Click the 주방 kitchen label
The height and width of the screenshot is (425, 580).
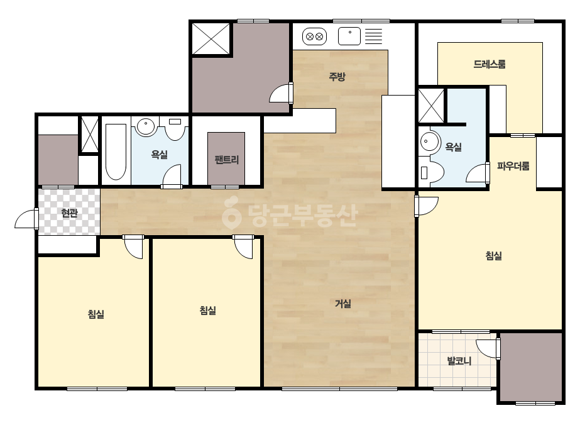[337, 77]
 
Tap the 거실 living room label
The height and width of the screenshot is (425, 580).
[343, 304]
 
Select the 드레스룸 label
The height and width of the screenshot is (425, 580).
[490, 64]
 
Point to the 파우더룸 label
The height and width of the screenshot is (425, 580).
[513, 166]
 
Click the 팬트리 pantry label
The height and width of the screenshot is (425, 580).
[226, 160]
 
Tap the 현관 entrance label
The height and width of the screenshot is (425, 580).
[69, 213]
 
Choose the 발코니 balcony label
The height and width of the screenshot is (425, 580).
[459, 361]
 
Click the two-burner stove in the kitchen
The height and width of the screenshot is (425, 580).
[315, 36]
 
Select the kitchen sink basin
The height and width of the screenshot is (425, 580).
[349, 36]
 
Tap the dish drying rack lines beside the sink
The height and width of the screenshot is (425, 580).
[374, 36]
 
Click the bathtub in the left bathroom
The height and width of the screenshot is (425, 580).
[116, 152]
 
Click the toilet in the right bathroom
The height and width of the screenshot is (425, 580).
[431, 172]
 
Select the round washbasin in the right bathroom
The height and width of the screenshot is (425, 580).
[429, 142]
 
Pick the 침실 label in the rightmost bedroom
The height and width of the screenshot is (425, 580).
[493, 255]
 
